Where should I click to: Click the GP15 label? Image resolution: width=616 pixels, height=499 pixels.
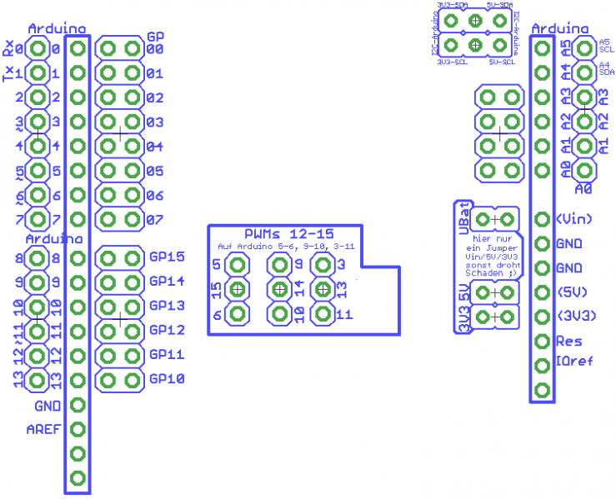[166, 257]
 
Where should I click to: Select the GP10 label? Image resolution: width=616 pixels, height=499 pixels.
[166, 379]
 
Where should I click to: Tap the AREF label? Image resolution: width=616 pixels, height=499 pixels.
[43, 430]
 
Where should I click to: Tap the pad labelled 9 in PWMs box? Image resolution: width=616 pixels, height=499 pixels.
[278, 266]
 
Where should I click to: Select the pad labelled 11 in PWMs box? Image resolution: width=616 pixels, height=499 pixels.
[322, 314]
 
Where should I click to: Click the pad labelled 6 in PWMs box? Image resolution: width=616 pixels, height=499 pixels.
[238, 314]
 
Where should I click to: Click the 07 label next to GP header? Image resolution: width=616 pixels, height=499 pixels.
[154, 221]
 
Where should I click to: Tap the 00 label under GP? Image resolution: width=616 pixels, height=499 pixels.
[154, 49]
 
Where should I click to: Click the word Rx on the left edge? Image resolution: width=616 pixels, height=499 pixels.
[8, 48]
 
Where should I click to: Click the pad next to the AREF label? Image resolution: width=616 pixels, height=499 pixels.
[78, 430]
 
